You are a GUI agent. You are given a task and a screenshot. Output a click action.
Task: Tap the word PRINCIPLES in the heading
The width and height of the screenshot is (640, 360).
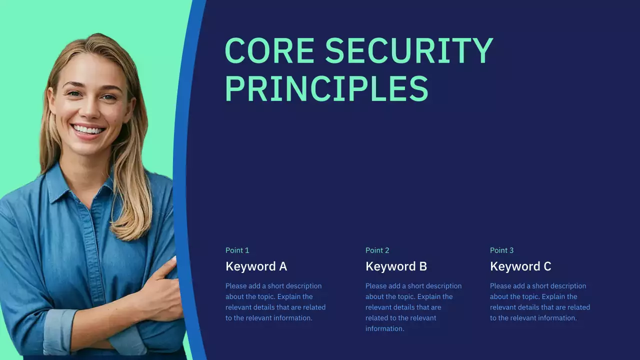click(326, 89)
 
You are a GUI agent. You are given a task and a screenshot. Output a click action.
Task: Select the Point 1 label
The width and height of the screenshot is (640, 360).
click(237, 250)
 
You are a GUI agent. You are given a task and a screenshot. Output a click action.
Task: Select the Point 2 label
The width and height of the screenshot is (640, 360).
click(377, 250)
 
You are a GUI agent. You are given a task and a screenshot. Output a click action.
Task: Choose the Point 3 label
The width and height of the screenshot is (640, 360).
click(501, 250)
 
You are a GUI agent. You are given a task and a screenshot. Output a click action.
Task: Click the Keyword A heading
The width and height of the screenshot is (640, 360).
click(256, 266)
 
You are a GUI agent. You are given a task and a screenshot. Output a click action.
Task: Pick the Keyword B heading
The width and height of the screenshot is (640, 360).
click(396, 266)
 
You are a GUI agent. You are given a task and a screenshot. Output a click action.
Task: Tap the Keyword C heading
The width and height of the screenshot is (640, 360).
click(520, 266)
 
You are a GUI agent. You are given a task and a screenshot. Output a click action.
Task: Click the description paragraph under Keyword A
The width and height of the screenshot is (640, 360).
click(275, 302)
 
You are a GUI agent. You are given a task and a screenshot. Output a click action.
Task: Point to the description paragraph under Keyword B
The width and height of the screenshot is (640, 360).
click(413, 307)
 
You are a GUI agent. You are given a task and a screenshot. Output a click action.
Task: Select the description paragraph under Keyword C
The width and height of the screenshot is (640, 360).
click(540, 302)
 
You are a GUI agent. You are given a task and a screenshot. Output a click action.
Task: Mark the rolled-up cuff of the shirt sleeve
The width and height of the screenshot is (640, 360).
click(60, 330)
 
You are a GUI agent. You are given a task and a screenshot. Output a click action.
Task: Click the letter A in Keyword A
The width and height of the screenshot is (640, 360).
click(283, 266)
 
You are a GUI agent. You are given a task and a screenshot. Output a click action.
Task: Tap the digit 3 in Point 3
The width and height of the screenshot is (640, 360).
click(511, 250)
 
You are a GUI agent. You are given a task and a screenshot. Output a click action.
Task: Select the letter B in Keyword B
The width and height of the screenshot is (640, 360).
click(423, 266)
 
